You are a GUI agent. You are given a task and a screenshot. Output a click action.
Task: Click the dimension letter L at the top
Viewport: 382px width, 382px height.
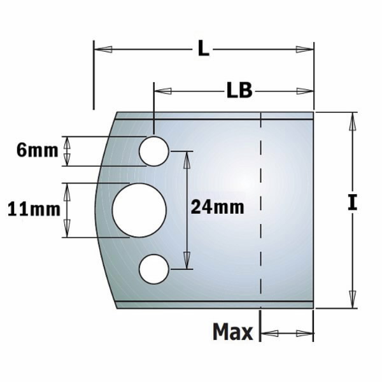point(202,48)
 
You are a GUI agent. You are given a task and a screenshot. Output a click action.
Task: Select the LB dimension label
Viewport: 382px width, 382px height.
point(239,91)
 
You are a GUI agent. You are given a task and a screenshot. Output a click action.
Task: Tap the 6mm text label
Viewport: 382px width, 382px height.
point(37,151)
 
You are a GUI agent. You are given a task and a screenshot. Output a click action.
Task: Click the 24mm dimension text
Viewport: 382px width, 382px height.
point(218,206)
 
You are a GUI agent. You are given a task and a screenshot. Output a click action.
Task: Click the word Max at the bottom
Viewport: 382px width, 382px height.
point(232,332)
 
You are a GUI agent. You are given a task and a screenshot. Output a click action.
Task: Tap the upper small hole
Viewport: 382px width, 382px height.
point(154,151)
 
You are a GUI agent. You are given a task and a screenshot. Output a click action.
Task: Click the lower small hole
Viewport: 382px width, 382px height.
point(154,268)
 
